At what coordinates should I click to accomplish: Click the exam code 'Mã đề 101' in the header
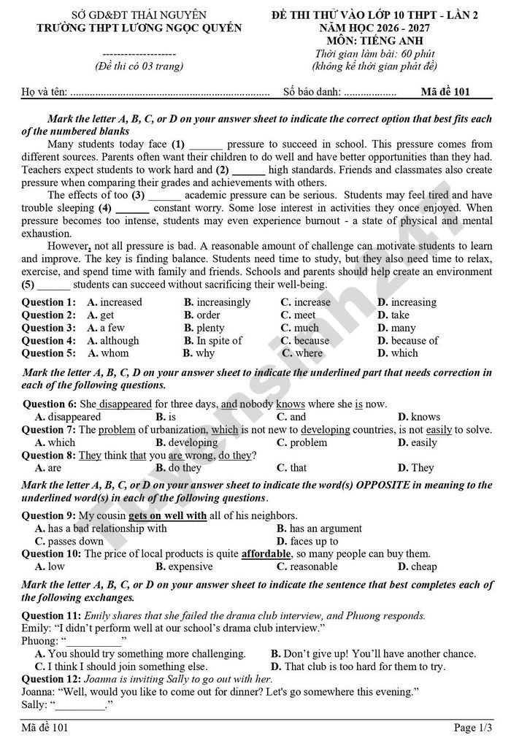(x=445, y=92)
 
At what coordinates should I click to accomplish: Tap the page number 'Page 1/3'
(x=473, y=727)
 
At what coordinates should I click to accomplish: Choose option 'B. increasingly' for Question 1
(x=217, y=302)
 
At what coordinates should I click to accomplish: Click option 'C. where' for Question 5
(x=302, y=353)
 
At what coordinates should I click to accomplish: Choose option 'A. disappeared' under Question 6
(x=68, y=417)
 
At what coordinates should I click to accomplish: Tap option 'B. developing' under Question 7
(x=187, y=442)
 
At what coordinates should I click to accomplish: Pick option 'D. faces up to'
(x=307, y=541)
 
